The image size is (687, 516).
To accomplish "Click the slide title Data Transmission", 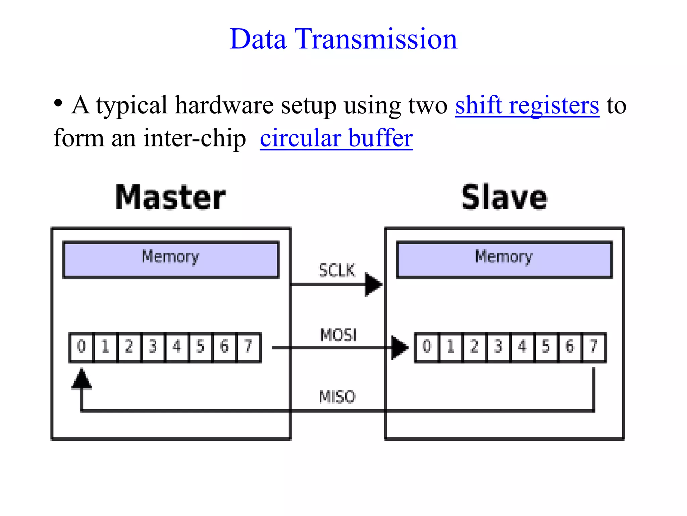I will (x=343, y=39).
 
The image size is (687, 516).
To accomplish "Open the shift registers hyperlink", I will (x=527, y=105).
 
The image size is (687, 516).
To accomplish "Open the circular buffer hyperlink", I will (x=336, y=138).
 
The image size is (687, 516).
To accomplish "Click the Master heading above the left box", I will (x=170, y=198).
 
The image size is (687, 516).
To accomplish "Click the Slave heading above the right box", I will (x=504, y=198).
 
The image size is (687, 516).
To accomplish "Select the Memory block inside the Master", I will (x=171, y=259).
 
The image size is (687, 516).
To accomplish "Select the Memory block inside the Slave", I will (x=504, y=259).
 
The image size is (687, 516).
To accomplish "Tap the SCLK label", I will (x=337, y=270).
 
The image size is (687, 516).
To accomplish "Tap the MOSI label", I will (x=338, y=335).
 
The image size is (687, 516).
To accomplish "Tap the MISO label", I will (x=337, y=397).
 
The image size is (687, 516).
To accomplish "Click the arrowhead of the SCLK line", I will (x=373, y=285).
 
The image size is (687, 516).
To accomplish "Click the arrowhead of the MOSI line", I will (x=399, y=348).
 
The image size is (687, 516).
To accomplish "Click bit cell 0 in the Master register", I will (x=82, y=347).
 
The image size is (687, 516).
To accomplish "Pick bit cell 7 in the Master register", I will (x=249, y=347).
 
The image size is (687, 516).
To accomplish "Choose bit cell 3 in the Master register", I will (x=153, y=347).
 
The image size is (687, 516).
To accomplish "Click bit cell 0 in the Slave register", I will (x=427, y=347).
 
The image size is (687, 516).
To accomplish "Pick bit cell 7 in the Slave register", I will (x=594, y=347).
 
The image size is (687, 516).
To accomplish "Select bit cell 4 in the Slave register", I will (x=522, y=347).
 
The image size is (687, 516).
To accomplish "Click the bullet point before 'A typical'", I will (x=58, y=103).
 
